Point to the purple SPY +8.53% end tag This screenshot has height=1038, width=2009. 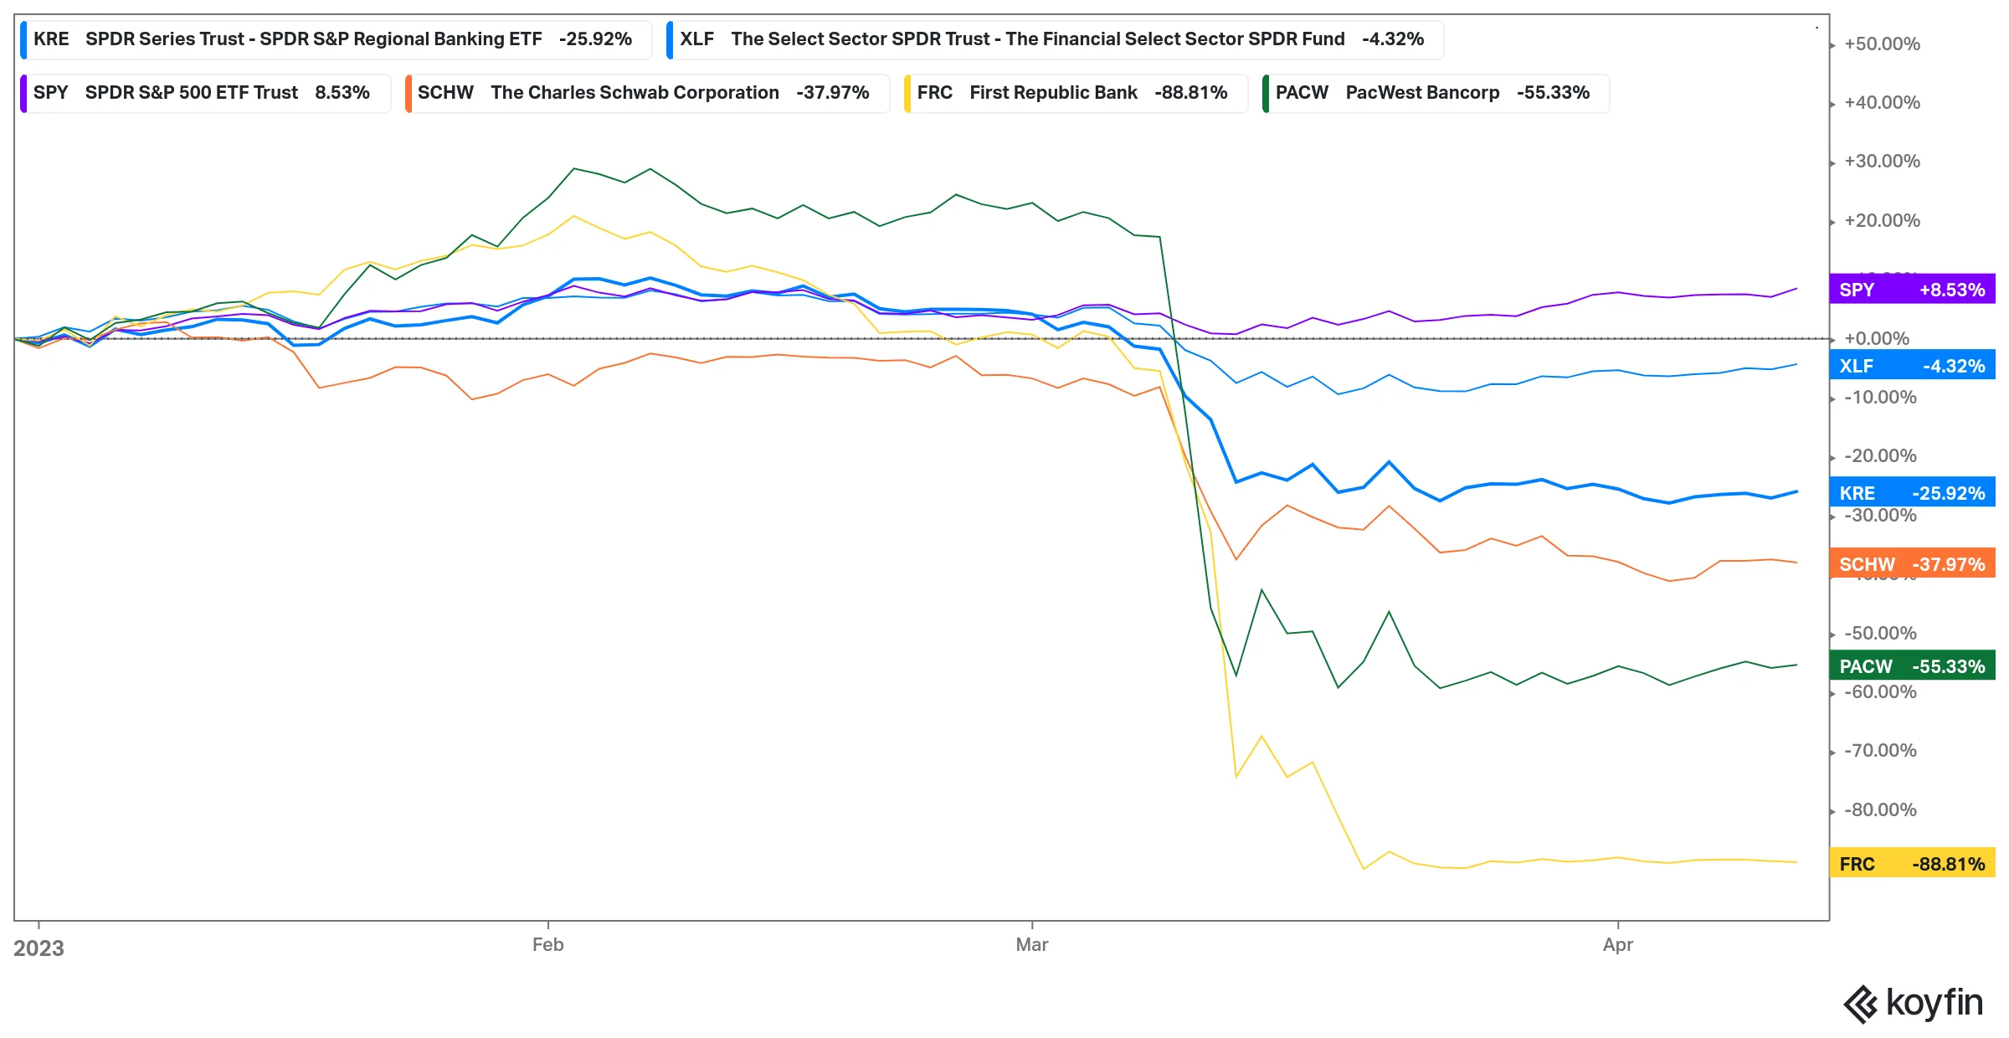coord(1912,290)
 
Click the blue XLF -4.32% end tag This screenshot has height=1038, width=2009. coord(1912,366)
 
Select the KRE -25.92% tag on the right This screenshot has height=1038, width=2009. coord(1912,493)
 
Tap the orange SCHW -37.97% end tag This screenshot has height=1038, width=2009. coord(1912,564)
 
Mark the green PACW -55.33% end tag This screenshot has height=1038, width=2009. coord(1912,666)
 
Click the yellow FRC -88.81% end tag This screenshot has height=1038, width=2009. coord(1912,864)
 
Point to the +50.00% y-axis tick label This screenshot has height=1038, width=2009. coord(1882,44)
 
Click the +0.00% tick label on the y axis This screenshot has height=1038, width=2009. coord(1877,339)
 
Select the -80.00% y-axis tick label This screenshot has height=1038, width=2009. coord(1880,810)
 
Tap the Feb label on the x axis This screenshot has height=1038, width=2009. coord(548,945)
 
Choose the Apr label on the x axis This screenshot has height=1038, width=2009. coord(1618,945)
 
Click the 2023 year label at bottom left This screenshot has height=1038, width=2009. coord(39,948)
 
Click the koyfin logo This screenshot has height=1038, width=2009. coord(1914,1003)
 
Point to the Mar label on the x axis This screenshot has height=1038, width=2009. coord(1032,945)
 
